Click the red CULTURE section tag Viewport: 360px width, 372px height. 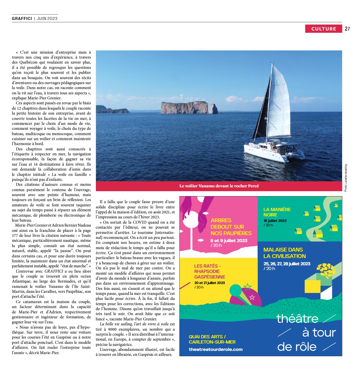(x=323, y=29)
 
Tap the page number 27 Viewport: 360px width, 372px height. (x=347, y=29)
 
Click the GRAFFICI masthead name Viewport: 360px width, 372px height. (x=22, y=18)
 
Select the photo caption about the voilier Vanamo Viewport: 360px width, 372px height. (x=219, y=186)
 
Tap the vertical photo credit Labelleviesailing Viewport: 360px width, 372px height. (x=346, y=178)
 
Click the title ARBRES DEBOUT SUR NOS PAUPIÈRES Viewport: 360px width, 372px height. (x=231, y=227)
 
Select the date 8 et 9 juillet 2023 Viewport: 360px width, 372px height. (x=229, y=241)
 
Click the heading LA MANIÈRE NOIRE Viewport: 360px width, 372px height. (x=277, y=212)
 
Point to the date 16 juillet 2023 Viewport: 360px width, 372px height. (x=275, y=221)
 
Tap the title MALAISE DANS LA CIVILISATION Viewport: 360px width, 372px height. (x=284, y=253)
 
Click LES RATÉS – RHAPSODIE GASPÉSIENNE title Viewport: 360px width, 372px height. (x=209, y=271)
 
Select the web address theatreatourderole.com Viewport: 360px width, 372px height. (x=215, y=349)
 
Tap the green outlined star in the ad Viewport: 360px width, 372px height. (x=248, y=286)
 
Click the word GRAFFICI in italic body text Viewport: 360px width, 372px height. (x=54, y=271)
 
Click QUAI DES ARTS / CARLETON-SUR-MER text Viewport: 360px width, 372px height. (x=212, y=339)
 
